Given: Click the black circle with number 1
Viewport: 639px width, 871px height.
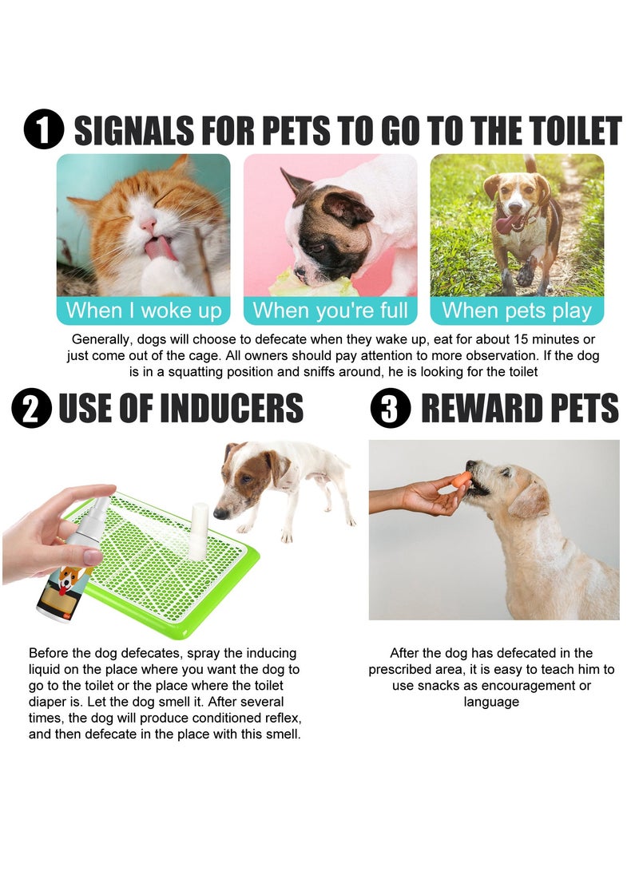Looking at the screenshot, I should (x=43, y=130).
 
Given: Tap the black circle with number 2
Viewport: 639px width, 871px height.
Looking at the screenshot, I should (x=31, y=408).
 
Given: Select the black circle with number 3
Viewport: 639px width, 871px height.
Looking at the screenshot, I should (x=391, y=408).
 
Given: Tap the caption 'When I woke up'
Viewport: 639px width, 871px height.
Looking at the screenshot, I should (x=143, y=310).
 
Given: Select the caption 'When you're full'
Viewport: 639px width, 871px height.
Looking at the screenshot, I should (x=330, y=310).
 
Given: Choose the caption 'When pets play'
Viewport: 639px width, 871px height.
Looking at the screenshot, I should (x=517, y=310).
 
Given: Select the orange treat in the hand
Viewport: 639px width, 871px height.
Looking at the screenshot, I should (x=461, y=480).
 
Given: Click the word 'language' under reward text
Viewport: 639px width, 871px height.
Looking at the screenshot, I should (x=491, y=702).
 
